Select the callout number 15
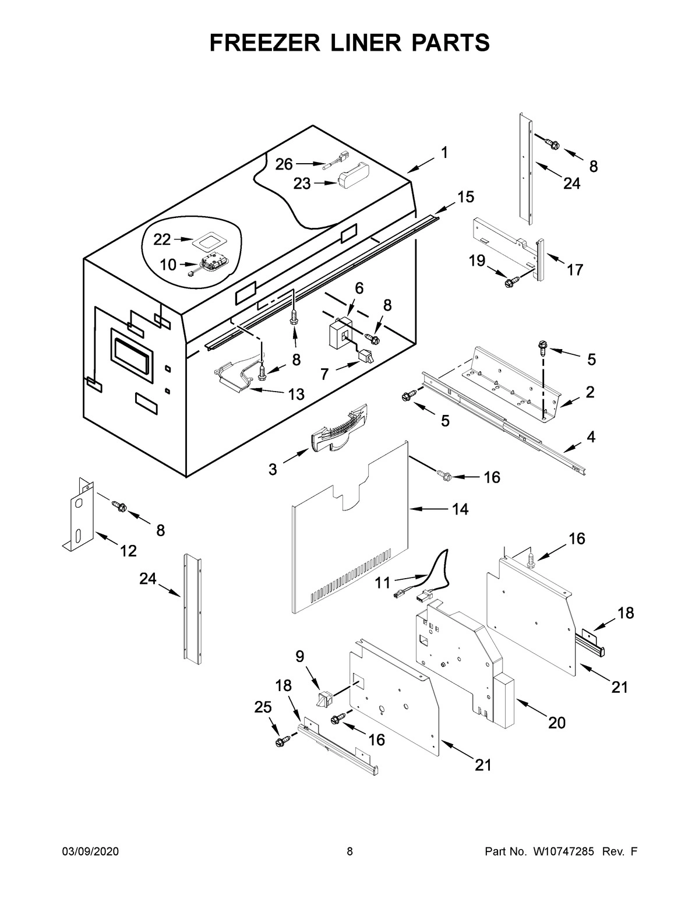(465, 197)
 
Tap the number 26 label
(284, 164)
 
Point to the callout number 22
(162, 239)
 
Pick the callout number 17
(574, 270)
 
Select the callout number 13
(296, 395)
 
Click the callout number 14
(460, 509)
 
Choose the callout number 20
(557, 723)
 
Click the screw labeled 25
(283, 742)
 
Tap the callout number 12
(128, 550)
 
